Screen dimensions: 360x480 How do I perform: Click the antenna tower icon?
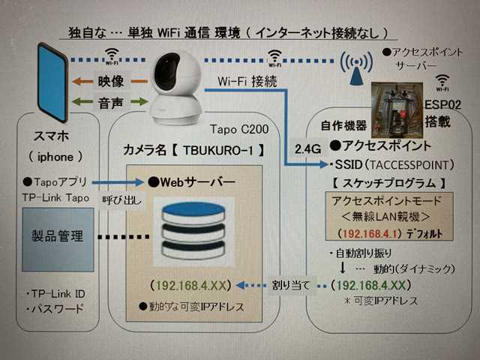[355, 68]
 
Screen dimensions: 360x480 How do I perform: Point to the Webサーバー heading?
[197, 181]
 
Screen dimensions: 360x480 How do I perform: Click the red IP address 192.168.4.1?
[368, 234]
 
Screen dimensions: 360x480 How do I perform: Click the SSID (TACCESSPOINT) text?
[390, 163]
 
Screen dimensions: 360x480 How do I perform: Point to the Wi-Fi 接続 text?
[247, 81]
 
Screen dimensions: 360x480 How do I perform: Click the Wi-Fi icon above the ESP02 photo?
[442, 82]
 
